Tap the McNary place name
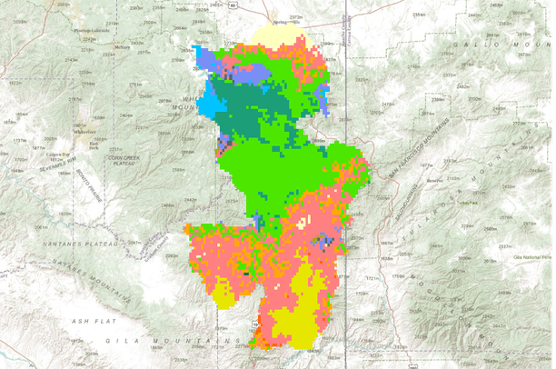tap(122, 47)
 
